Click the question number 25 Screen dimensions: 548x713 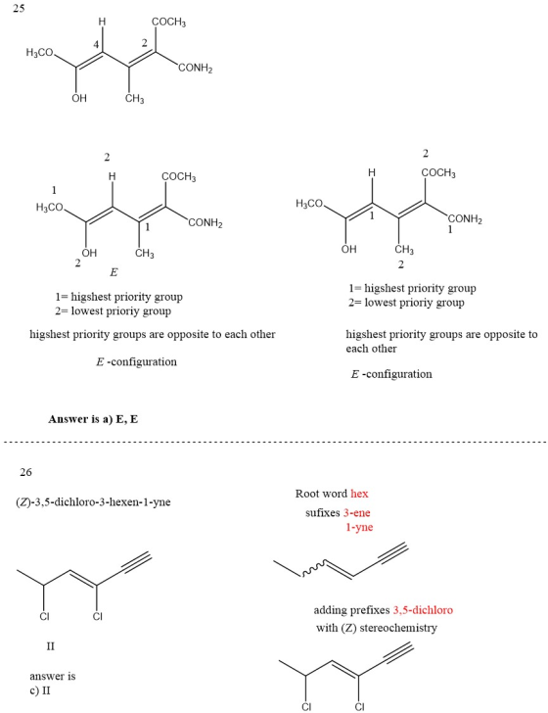click(19, 8)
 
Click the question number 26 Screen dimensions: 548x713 click(25, 472)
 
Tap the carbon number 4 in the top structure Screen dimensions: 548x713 click(96, 44)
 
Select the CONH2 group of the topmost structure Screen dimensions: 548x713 click(196, 69)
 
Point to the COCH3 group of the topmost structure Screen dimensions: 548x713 click(168, 22)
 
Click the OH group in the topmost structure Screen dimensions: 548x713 click(79, 98)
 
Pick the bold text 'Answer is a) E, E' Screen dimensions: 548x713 click(93, 419)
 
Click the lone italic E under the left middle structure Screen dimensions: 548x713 click(114, 272)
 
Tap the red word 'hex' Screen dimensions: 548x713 click(359, 494)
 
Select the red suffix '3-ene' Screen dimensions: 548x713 click(357, 512)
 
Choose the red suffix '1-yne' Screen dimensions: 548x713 click(359, 527)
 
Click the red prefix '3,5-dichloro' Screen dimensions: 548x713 click(423, 610)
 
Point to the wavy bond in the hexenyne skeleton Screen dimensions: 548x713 click(313, 570)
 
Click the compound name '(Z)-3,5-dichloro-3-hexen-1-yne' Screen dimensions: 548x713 click(93, 502)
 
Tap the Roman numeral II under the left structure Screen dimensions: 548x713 click(51, 646)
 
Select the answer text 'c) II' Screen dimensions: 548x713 click(40, 690)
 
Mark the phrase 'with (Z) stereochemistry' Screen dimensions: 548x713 click(377, 628)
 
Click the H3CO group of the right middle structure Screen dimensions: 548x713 click(309, 204)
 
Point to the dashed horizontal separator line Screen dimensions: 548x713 click(275, 442)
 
